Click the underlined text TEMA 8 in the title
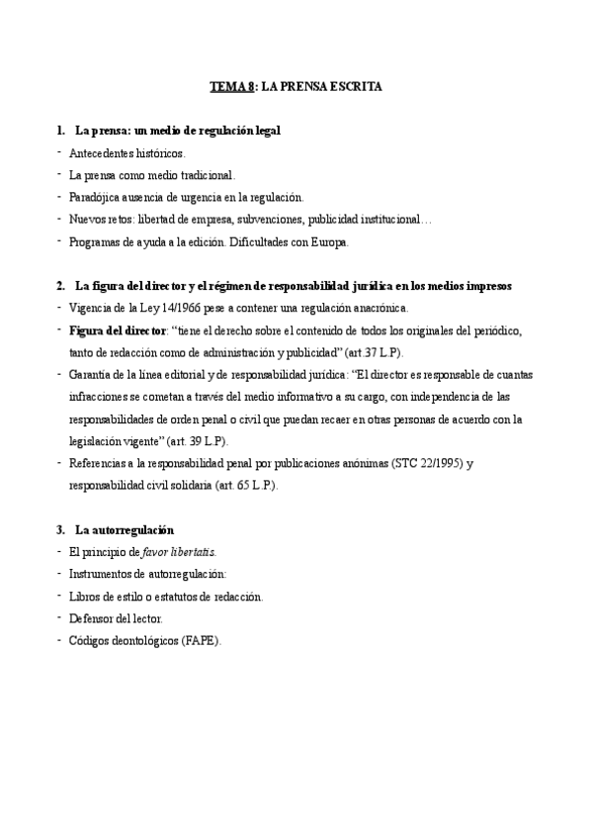pos(232,87)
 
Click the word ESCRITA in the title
pos(352,87)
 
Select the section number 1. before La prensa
pos(62,131)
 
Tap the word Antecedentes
pos(103,153)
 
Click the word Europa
pos(327,240)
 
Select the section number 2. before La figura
pos(62,286)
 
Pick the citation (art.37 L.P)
pos(369,351)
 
